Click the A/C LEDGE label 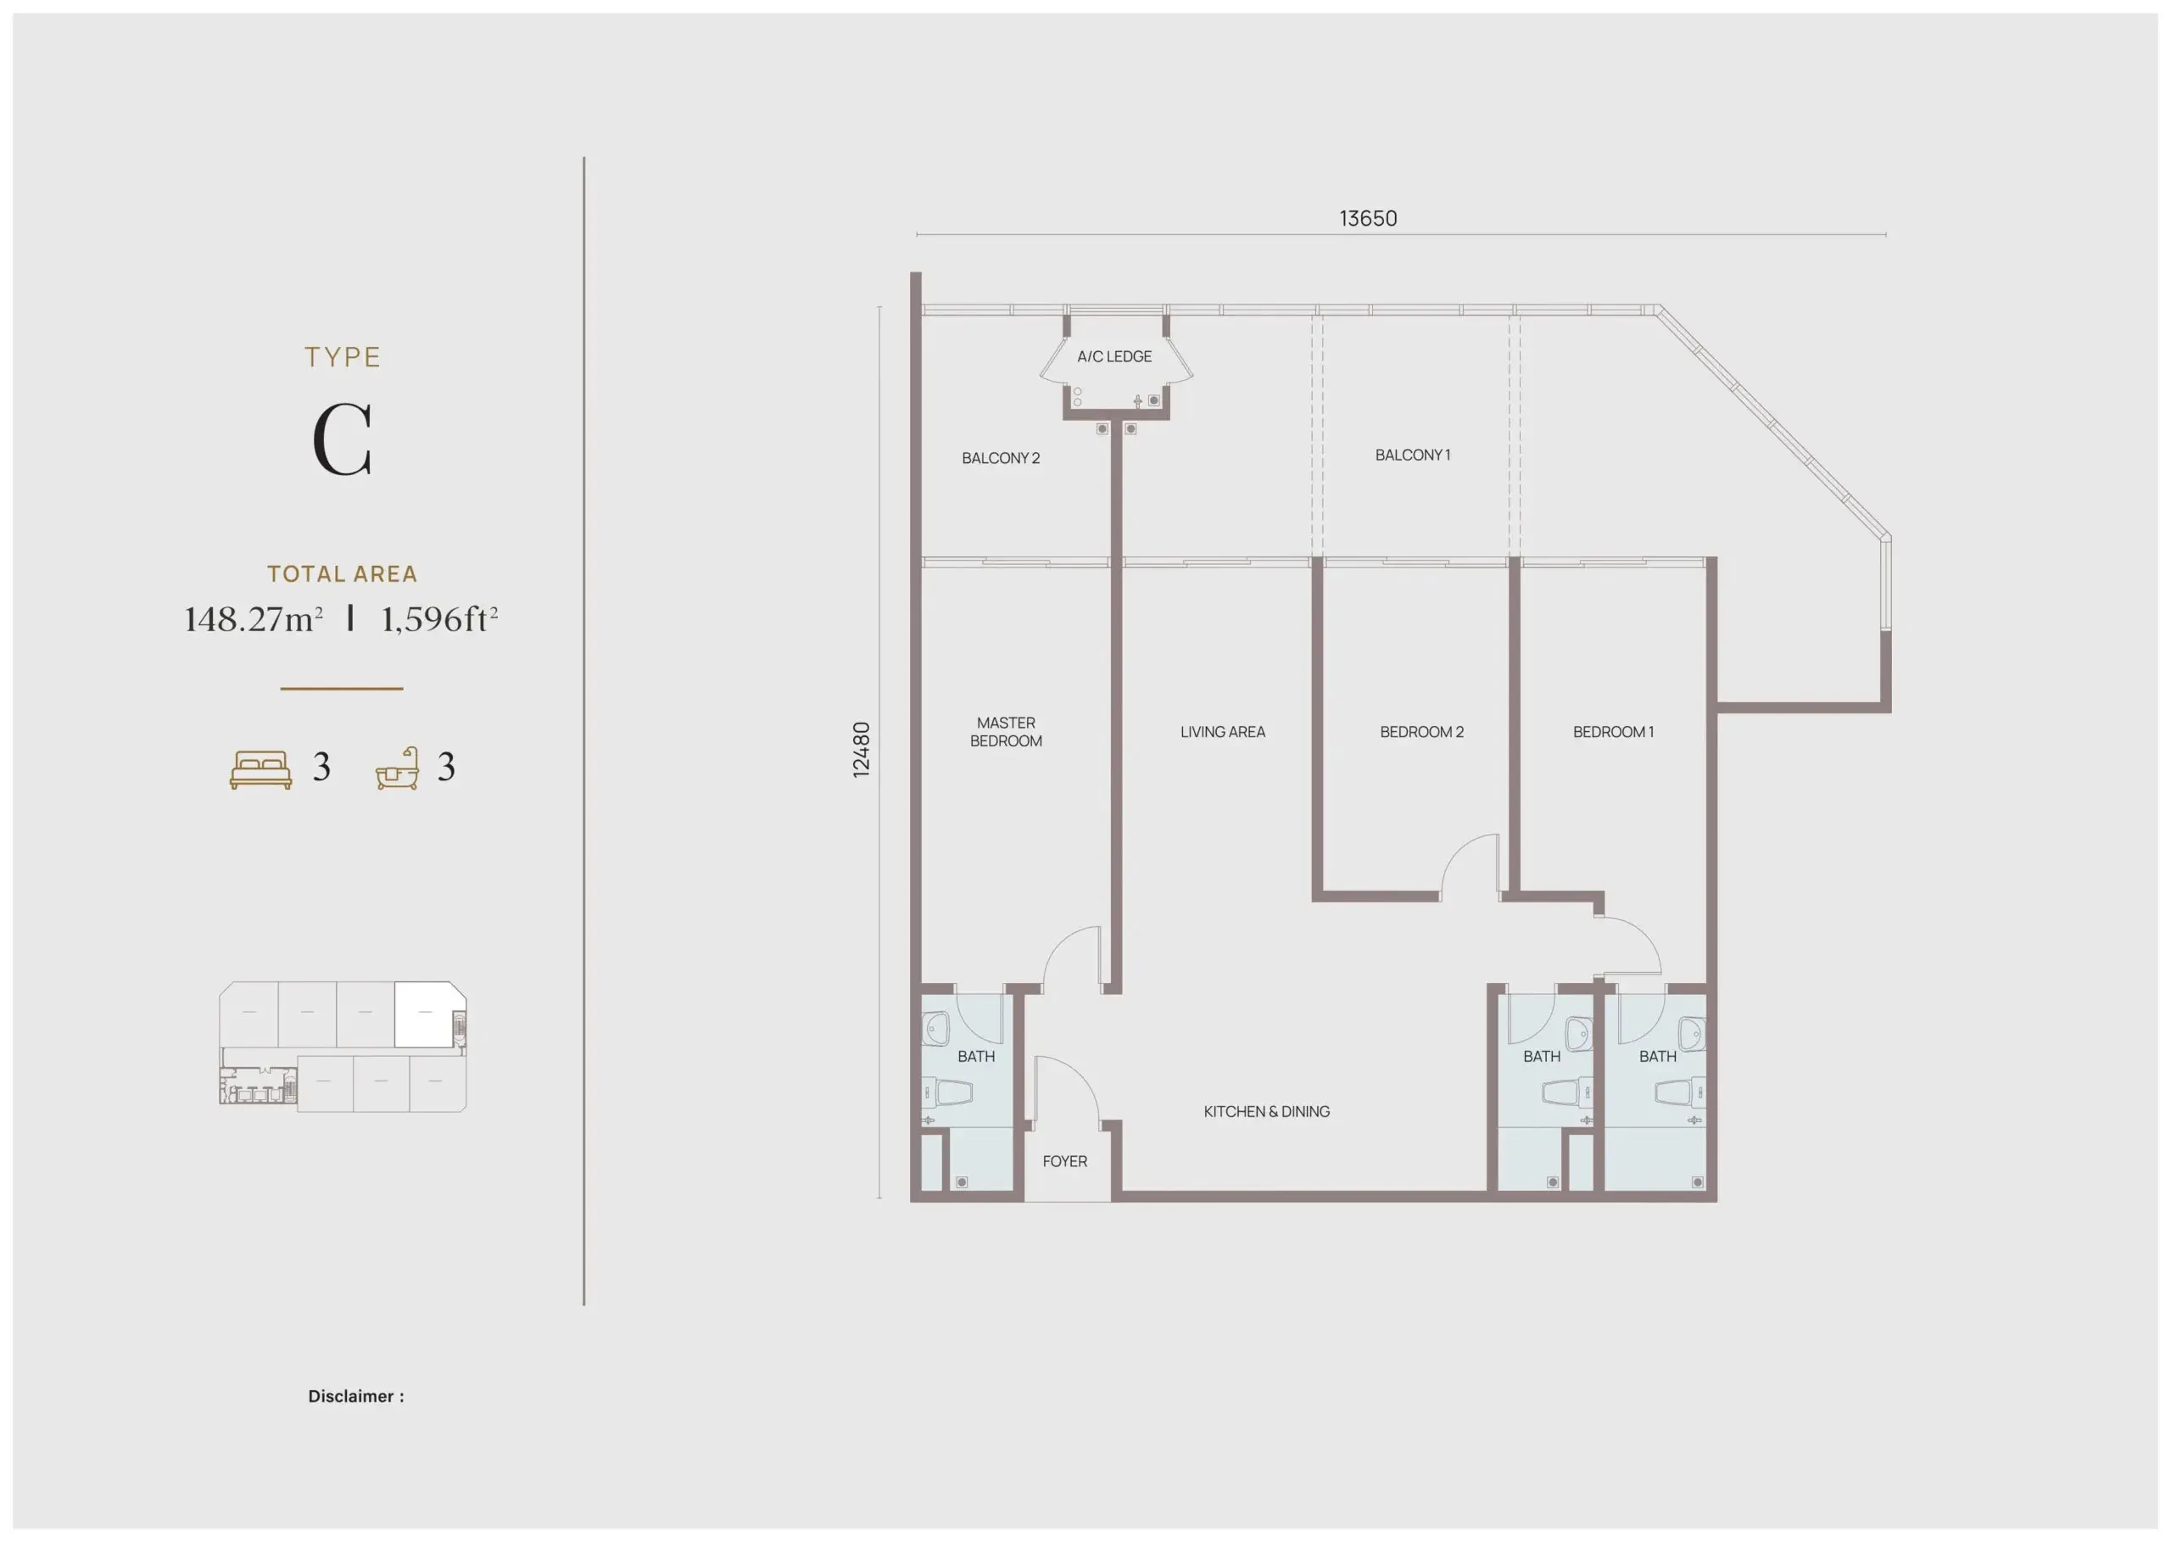coord(1114,357)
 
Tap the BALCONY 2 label coord(1001,459)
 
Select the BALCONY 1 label coord(1413,455)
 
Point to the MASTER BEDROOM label coord(1007,732)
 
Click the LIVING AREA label coord(1223,732)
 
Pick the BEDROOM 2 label coord(1422,732)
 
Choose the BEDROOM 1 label coord(1614,732)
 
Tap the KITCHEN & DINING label coord(1266,1112)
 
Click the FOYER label coord(1065,1161)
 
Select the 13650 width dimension coord(1368,218)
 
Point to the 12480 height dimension coord(861,750)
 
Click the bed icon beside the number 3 coord(261,770)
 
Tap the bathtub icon coord(398,768)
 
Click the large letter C coord(342,439)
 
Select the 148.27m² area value coord(254,619)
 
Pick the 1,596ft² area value coord(439,619)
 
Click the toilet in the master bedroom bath coord(952,1092)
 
